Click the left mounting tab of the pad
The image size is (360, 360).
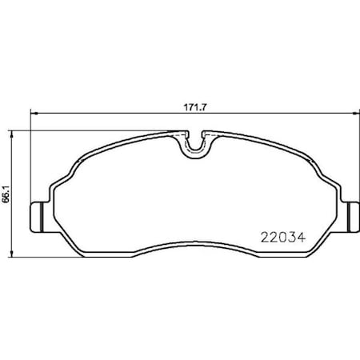[x=35, y=214]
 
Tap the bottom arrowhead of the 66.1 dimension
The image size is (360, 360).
[x=12, y=249]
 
